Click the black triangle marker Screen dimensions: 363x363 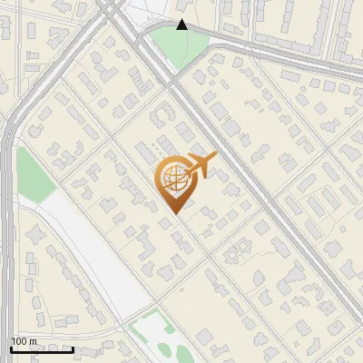[181, 25]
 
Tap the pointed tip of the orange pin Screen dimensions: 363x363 [173, 211]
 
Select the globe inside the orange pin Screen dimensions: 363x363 [172, 178]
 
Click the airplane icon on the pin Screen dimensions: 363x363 [200, 165]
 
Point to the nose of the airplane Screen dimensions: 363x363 [215, 157]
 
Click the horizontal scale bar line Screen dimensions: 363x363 [42, 349]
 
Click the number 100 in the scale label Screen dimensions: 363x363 [19, 341]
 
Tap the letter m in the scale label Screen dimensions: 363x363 [33, 342]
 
